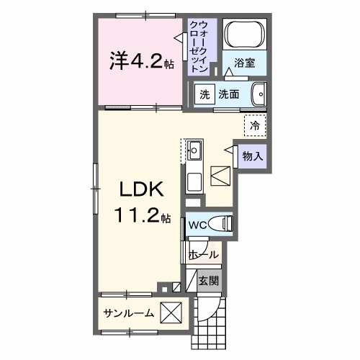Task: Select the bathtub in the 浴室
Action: [245, 35]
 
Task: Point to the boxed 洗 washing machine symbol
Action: [204, 94]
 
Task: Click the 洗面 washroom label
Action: [229, 94]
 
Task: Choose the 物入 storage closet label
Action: [251, 156]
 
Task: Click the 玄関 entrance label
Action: [209, 281]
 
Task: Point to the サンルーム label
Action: [128, 314]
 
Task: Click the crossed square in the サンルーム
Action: [170, 314]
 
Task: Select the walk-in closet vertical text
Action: [199, 45]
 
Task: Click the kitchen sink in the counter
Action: [194, 152]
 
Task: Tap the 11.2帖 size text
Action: [141, 214]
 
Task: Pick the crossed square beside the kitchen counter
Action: [220, 176]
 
